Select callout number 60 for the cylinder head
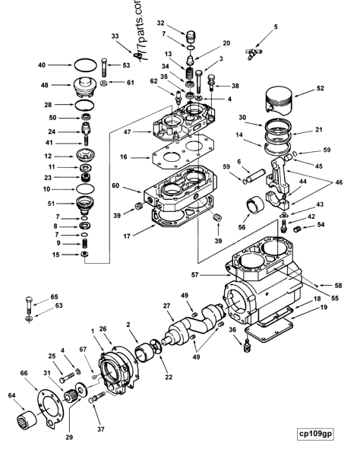(x=115, y=185)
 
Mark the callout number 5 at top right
(x=275, y=27)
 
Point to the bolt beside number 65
(x=27, y=308)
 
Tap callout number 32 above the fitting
(x=160, y=23)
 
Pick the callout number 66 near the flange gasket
(x=24, y=373)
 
